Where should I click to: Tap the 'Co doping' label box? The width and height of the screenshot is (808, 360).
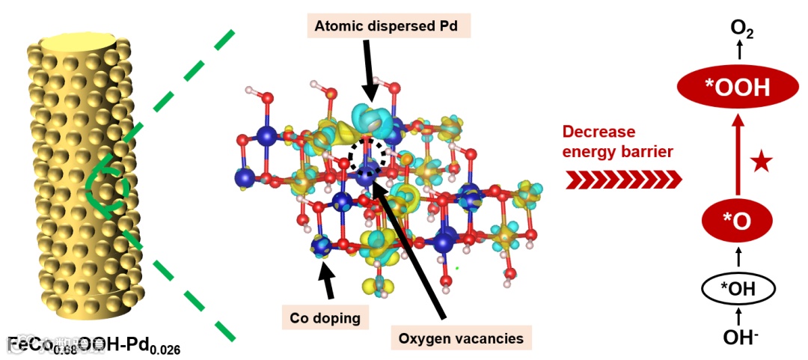pos(325,317)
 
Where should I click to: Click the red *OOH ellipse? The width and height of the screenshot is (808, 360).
pos(737,88)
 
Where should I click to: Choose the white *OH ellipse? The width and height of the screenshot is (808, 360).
pos(738,287)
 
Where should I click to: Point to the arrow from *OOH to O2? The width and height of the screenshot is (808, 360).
pos(738,52)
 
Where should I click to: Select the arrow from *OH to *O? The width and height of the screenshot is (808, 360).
pos(738,257)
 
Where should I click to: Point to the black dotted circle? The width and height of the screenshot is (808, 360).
pos(368,154)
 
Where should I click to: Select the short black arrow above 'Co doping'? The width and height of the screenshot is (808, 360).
pos(327,281)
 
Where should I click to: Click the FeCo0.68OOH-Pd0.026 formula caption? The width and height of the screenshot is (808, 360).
pos(94,346)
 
